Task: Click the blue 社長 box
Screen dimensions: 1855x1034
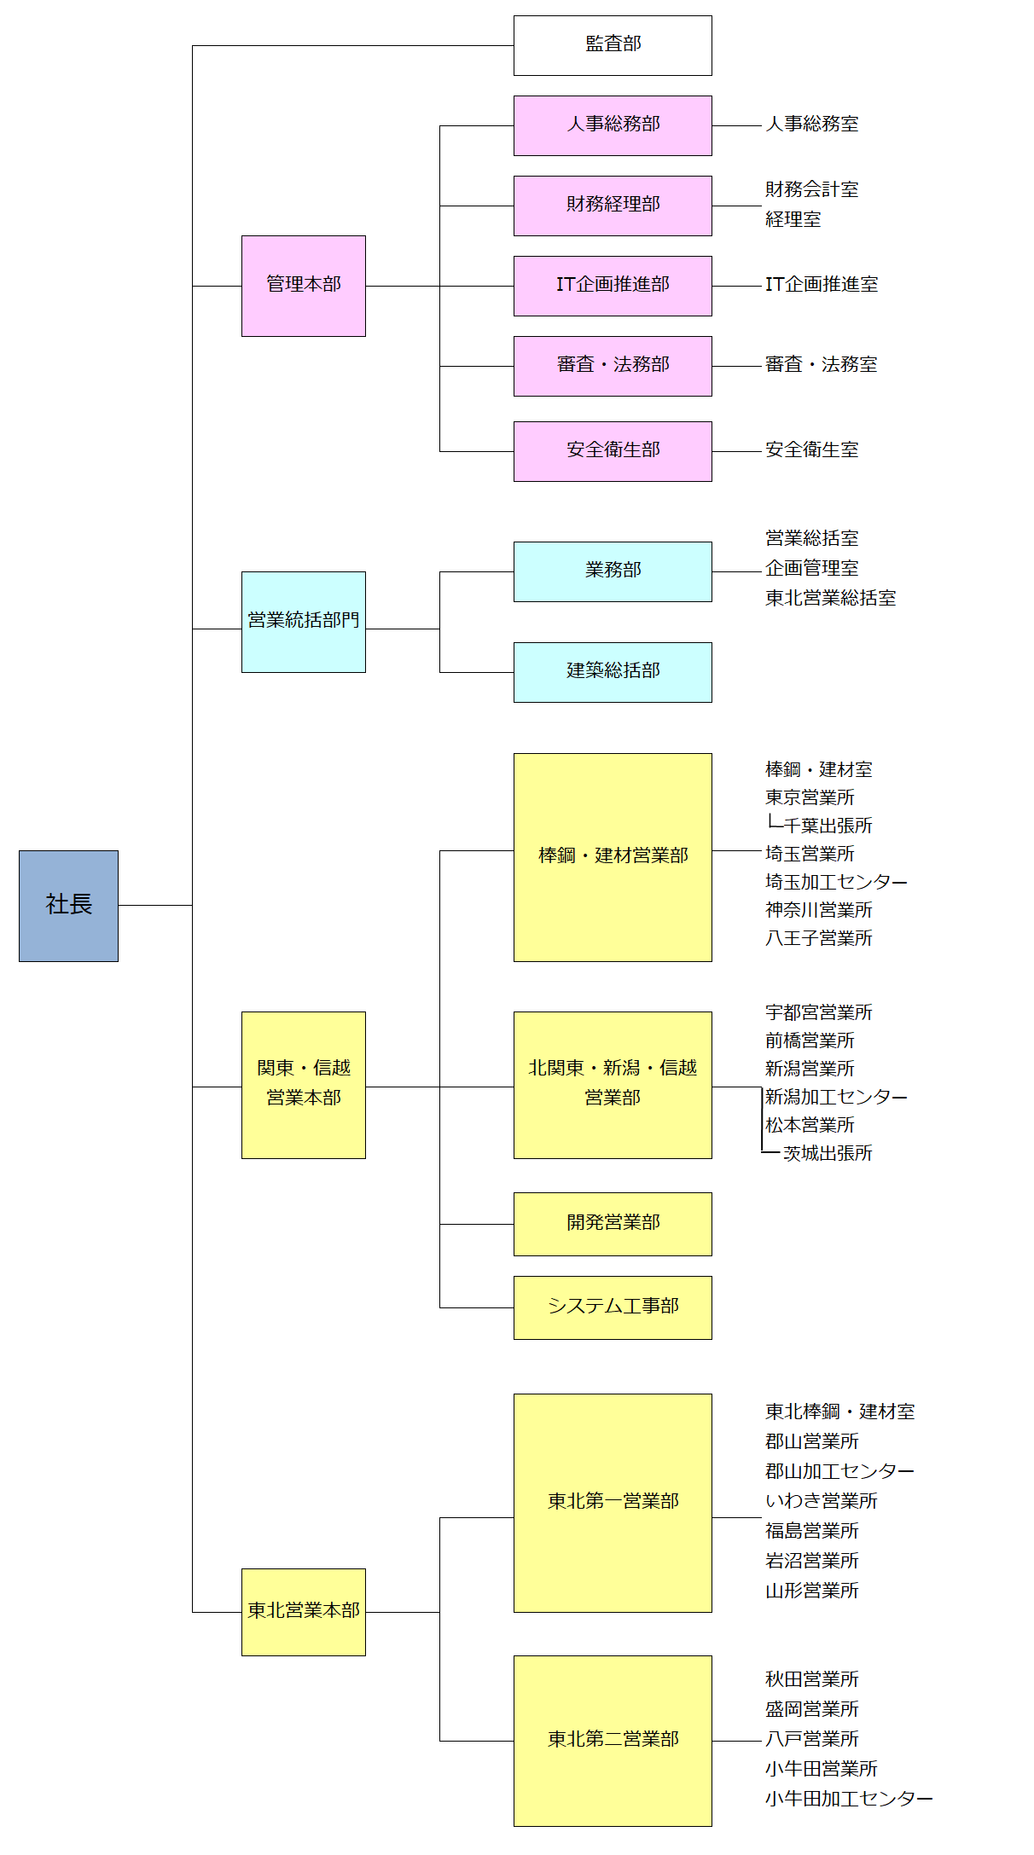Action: point(68,905)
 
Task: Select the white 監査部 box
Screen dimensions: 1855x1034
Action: point(613,45)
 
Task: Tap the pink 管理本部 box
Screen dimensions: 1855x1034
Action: point(303,286)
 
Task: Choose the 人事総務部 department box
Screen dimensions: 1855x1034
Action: point(613,125)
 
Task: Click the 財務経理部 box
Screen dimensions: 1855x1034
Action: point(613,206)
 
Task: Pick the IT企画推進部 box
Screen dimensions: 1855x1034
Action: point(613,286)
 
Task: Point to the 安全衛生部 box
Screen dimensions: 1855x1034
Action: point(613,451)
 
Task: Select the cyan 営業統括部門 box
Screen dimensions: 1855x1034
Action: point(303,622)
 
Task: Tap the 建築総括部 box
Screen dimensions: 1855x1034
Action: point(613,672)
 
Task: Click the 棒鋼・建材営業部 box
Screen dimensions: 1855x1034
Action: point(613,856)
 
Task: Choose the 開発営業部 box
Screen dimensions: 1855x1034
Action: point(613,1223)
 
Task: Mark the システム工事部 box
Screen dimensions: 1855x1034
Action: point(613,1307)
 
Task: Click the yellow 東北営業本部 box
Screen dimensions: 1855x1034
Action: point(303,1611)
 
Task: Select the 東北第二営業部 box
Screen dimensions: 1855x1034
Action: point(613,1740)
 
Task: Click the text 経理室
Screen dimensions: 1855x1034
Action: point(793,220)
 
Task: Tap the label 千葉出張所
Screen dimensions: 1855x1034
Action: point(828,826)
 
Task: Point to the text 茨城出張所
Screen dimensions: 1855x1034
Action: point(828,1153)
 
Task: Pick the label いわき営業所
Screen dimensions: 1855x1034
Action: point(821,1501)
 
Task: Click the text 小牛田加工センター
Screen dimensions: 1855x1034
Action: point(848,1799)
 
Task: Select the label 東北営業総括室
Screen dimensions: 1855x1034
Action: point(830,598)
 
